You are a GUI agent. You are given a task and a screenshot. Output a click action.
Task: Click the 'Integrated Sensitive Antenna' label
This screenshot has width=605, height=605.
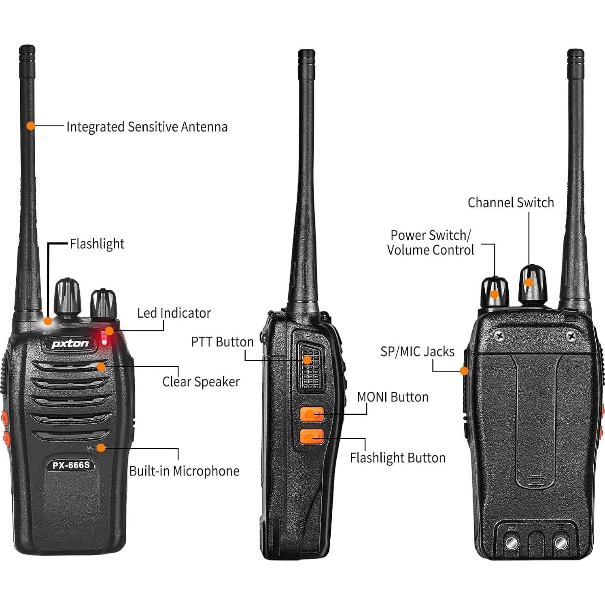click(146, 127)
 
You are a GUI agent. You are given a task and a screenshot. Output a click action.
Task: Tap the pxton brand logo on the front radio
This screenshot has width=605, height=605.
click(70, 344)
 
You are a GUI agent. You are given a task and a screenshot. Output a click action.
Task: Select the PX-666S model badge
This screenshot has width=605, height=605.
click(71, 465)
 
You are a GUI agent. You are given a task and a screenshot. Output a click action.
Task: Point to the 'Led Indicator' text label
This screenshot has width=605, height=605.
click(174, 313)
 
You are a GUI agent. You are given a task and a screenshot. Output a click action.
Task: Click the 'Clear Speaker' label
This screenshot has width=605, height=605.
click(201, 382)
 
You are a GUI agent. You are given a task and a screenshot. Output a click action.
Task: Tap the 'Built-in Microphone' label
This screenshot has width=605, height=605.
click(184, 471)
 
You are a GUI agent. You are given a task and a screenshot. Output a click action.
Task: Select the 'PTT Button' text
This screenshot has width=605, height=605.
click(222, 342)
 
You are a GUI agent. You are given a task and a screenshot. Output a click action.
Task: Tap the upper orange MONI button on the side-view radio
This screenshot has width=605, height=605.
click(312, 414)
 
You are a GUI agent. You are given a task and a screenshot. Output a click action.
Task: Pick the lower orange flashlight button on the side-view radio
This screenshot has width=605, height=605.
click(312, 436)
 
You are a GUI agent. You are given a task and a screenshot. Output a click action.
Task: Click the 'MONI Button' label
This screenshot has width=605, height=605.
click(393, 397)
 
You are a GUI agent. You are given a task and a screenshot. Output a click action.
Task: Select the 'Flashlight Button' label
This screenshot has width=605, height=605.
click(397, 458)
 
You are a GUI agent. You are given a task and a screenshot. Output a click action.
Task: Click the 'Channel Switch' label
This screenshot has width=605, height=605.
click(511, 202)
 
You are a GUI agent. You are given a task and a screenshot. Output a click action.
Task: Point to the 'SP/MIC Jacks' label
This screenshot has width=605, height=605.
click(417, 352)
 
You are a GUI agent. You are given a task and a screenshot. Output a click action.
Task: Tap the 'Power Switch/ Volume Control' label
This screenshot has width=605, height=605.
click(430, 242)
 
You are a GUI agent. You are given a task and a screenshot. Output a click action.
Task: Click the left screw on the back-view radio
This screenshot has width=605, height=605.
click(500, 335)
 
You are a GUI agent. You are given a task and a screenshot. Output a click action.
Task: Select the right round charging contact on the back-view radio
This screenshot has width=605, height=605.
click(560, 543)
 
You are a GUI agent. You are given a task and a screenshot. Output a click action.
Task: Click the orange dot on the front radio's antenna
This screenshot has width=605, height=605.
click(30, 126)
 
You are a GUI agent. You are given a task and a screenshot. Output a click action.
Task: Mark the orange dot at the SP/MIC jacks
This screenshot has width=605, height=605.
click(464, 371)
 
